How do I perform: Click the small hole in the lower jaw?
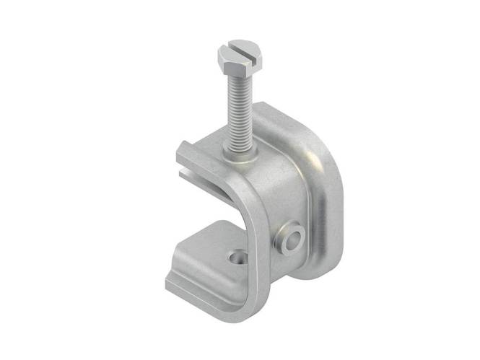pos(234,256)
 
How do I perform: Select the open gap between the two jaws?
pos(209,206)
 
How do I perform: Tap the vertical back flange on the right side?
pos(328,209)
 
